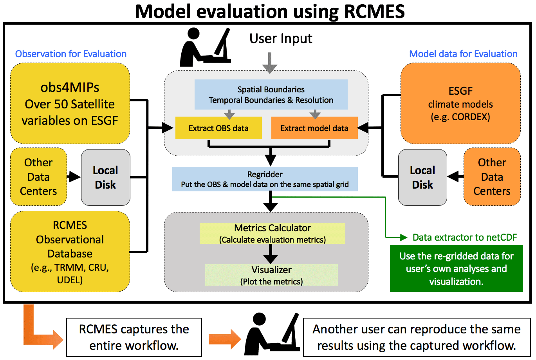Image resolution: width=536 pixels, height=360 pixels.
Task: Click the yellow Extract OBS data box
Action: point(218,128)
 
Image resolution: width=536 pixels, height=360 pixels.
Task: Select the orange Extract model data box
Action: point(314,128)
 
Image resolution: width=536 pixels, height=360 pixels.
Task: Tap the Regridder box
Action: point(265,179)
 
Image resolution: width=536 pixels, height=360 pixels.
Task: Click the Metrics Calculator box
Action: point(273,233)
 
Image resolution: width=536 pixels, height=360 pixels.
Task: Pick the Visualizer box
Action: point(271,275)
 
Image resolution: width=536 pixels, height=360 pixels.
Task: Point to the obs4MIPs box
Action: point(70,104)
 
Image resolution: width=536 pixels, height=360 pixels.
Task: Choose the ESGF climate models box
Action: point(460,104)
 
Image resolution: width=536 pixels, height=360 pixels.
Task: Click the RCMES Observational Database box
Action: point(70,252)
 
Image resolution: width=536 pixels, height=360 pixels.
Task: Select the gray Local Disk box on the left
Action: point(105,177)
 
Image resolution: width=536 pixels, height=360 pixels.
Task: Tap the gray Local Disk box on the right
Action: point(422,177)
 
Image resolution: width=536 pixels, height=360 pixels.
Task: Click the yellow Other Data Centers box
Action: point(38,177)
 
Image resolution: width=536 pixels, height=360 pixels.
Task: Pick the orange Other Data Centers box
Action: point(492,177)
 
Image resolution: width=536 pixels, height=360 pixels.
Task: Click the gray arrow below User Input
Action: point(269,63)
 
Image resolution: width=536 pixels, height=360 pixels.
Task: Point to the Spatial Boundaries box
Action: point(271,94)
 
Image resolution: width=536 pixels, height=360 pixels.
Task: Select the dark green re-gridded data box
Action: point(456,268)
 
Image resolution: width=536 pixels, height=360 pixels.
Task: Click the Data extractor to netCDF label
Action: point(465,237)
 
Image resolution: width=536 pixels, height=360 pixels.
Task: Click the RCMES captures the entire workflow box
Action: point(134,337)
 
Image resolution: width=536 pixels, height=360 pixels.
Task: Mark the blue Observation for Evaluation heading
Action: point(71,54)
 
